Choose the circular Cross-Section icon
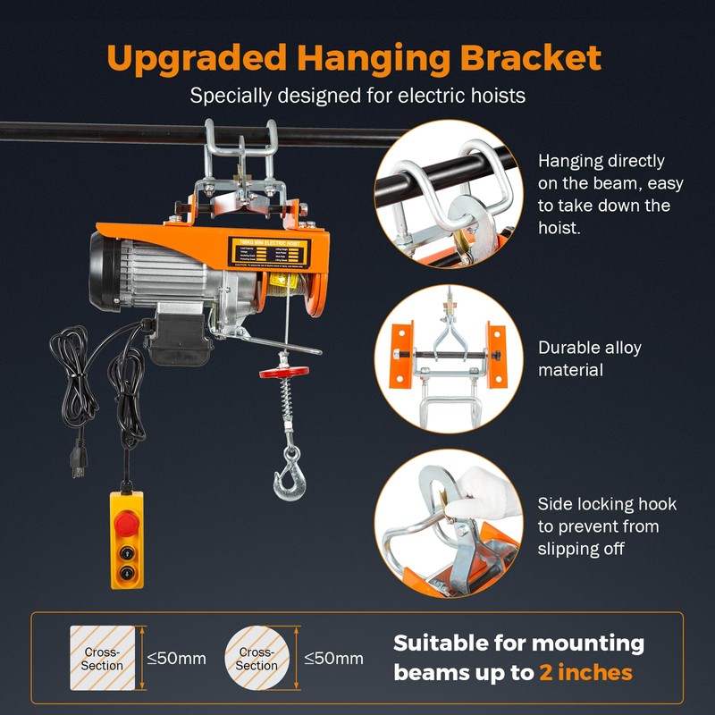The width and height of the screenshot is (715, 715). click(x=257, y=659)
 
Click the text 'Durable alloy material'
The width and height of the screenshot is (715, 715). click(x=589, y=358)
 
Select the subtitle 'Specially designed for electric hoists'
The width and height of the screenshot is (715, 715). click(x=357, y=95)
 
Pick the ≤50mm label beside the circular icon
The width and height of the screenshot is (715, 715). click(x=333, y=659)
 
